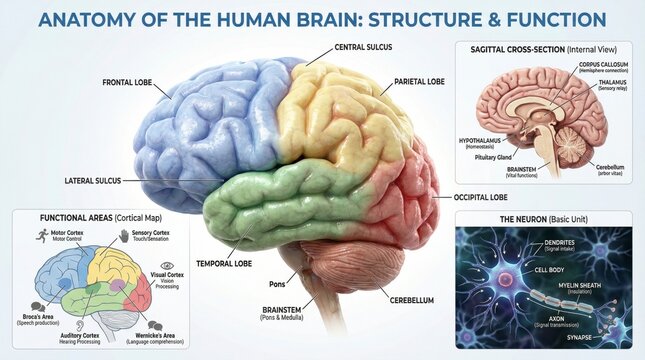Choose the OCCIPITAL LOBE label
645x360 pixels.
(x=488, y=198)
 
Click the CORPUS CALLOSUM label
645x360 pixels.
(x=578, y=64)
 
